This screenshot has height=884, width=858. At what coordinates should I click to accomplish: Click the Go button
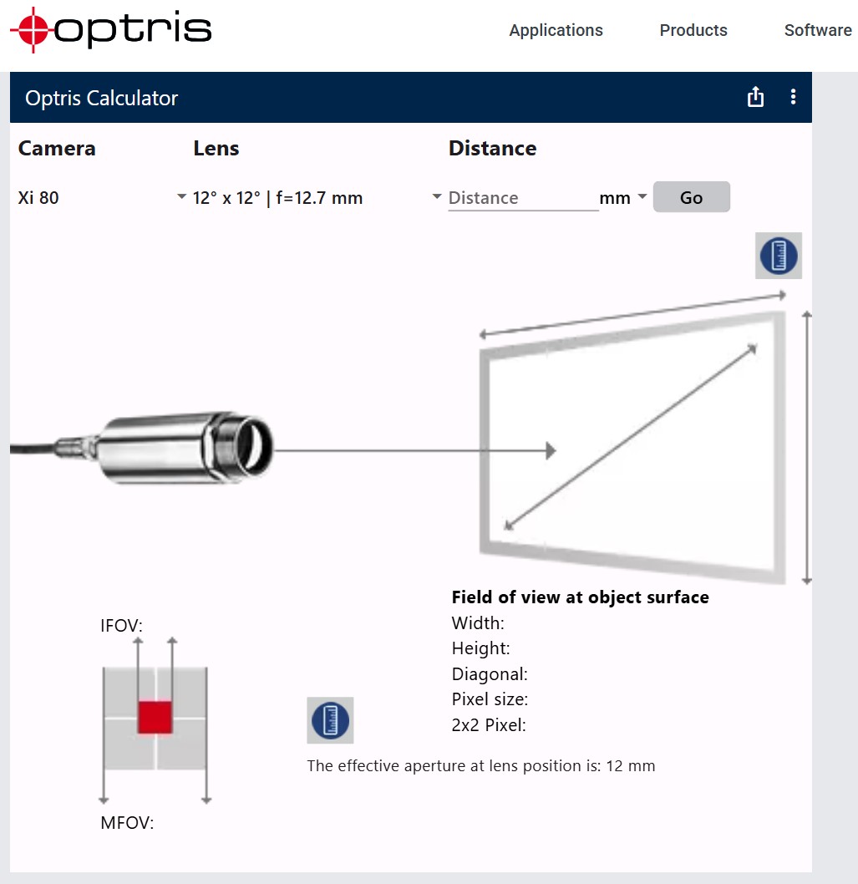691,196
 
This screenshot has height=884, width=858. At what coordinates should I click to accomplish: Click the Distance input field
523,198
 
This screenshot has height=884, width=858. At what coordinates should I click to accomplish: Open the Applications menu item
556,30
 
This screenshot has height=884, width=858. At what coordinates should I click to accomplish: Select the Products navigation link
693,30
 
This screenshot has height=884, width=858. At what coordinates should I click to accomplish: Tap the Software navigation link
818,30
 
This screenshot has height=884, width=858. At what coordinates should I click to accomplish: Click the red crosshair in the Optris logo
33,29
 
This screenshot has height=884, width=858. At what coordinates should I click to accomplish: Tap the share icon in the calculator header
755,97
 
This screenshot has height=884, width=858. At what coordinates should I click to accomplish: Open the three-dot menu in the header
793,97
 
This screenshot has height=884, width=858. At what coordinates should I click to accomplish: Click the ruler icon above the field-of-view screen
779,256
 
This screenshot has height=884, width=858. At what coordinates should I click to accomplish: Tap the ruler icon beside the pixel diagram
330,720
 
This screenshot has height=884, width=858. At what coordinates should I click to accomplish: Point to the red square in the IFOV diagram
155,717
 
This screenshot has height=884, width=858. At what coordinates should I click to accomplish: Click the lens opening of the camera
254,446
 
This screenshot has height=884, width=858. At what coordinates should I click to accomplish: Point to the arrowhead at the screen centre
551,450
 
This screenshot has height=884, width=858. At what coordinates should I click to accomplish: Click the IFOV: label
122,626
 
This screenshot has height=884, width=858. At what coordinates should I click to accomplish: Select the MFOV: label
127,822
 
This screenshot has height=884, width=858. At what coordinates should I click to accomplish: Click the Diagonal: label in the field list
490,673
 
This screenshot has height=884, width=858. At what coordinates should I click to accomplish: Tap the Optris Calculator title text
101,98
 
